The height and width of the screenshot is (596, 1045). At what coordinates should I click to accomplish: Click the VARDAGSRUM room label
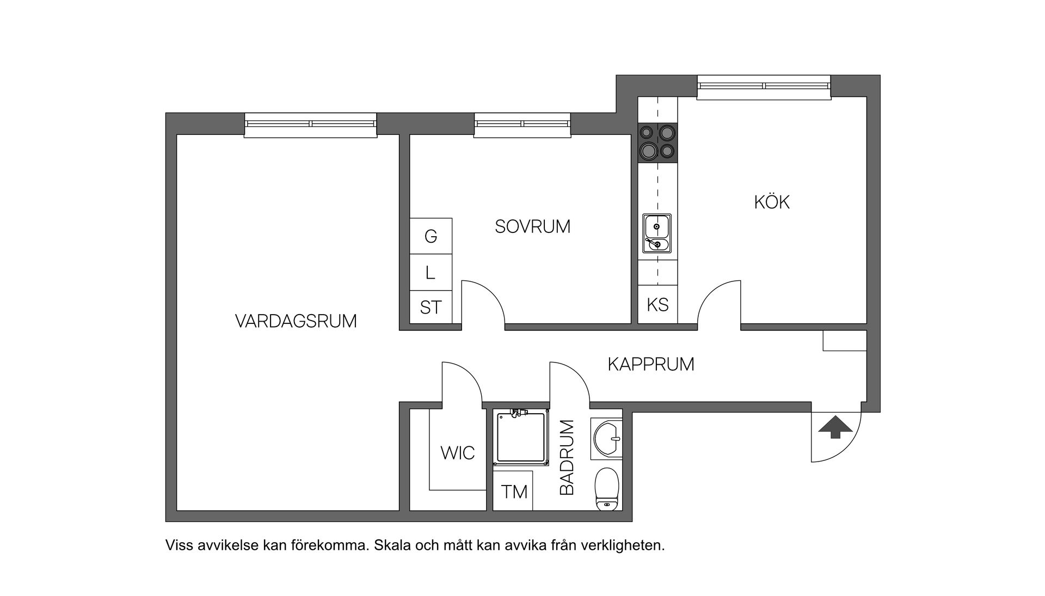pos(296,321)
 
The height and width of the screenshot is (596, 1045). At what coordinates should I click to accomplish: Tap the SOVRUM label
pos(532,226)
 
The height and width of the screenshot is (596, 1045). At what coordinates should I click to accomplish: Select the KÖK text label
pos(771,202)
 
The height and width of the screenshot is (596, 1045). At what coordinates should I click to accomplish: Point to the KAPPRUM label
pos(650,364)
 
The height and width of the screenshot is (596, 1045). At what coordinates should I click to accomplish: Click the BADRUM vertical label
pos(567,457)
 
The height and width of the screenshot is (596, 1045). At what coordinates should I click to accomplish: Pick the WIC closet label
pos(457,453)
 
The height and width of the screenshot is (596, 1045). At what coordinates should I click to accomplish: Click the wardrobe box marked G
pos(431,236)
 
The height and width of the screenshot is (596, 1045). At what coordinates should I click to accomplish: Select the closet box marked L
pos(431,272)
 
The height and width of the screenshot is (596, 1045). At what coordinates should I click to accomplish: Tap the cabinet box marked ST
pos(431,308)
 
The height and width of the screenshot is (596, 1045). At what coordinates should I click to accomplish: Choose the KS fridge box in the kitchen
pos(657,305)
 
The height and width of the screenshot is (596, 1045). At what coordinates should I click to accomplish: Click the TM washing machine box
pos(514,492)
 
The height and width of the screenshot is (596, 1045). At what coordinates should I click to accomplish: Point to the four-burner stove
pos(657,143)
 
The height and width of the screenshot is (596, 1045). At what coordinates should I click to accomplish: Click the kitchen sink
pos(657,234)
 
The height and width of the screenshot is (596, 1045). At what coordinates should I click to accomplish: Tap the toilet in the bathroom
pos(607,489)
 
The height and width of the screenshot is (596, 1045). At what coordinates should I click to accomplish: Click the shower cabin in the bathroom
pos(520,438)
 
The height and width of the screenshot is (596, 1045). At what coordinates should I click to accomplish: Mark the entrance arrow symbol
pos(835,427)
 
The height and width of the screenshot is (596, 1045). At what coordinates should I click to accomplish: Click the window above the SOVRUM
pos(522,124)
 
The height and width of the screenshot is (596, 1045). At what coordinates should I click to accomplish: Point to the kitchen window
pos(764,86)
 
